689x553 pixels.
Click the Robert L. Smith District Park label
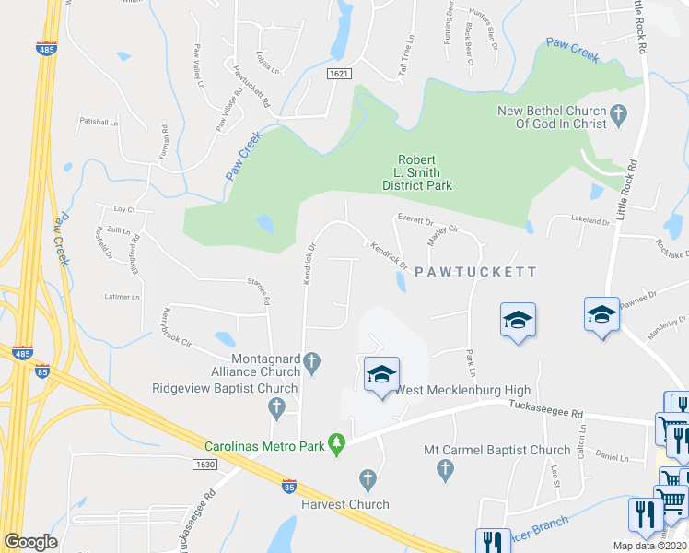pyautogui.click(x=417, y=172)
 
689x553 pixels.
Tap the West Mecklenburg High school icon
pyautogui.click(x=381, y=374)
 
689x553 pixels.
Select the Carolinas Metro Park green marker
pyautogui.click(x=337, y=446)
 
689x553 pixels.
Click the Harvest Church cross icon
pyautogui.click(x=368, y=478)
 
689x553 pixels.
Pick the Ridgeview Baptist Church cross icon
pyautogui.click(x=275, y=406)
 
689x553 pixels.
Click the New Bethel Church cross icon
pyautogui.click(x=619, y=117)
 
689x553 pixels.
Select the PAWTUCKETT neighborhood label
pyautogui.click(x=474, y=273)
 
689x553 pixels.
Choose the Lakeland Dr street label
pyautogui.click(x=590, y=222)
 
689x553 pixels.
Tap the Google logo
pyautogui.click(x=30, y=542)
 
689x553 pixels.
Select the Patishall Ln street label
pyautogui.click(x=99, y=122)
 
